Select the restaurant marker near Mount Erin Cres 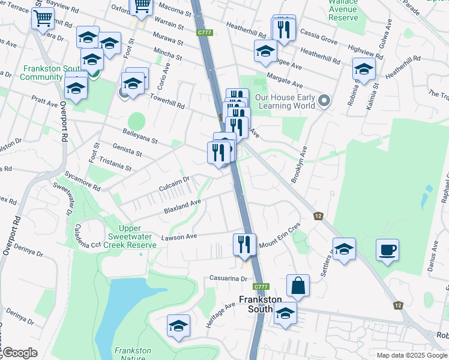(244, 244)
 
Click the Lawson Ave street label (179, 237)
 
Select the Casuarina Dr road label (228, 278)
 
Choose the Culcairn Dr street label (174, 179)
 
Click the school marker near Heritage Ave (178, 325)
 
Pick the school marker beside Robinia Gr (364, 69)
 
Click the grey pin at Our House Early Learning (325, 100)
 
